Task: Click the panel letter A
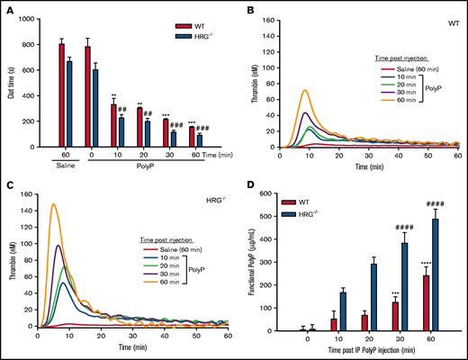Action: (6, 6)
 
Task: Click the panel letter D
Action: (243, 186)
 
